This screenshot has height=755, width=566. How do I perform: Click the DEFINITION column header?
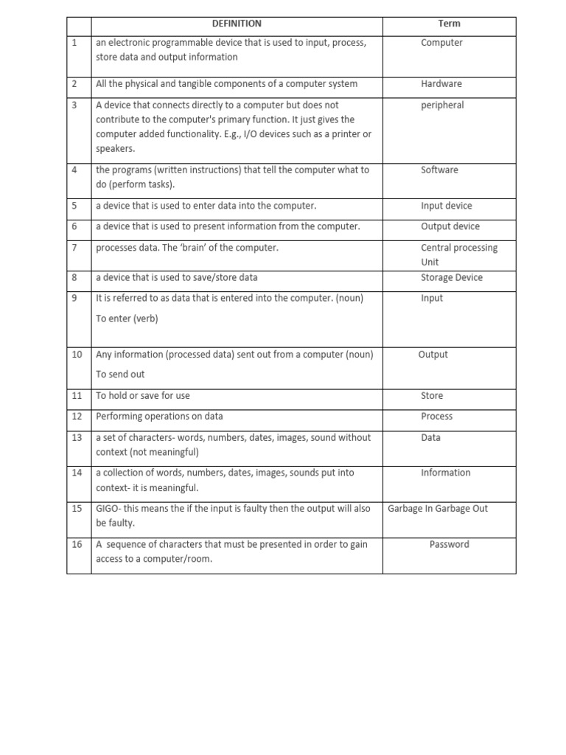(x=237, y=24)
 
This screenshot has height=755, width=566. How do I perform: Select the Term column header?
(x=449, y=24)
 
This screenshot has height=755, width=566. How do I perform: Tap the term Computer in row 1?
(x=441, y=43)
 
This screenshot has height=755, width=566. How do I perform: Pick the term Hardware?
(x=441, y=84)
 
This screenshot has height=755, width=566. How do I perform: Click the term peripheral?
(x=442, y=105)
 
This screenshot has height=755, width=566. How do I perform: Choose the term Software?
(x=439, y=170)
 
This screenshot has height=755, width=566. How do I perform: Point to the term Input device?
(x=447, y=206)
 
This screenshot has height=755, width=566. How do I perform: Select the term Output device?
(x=450, y=227)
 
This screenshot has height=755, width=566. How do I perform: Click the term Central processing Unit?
(x=458, y=254)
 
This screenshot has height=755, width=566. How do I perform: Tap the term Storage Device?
(x=452, y=278)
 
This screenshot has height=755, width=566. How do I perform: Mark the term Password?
(x=449, y=545)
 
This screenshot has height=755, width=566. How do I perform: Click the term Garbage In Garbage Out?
(x=438, y=509)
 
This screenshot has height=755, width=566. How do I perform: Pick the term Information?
(x=445, y=473)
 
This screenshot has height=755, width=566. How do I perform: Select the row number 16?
(x=77, y=545)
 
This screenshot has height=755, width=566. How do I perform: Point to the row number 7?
(x=74, y=248)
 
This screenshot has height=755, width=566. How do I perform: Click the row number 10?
(x=77, y=355)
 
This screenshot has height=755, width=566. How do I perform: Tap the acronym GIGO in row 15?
(x=108, y=509)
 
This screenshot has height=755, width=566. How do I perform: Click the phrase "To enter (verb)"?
(x=127, y=319)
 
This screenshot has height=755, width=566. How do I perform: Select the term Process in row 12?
(x=436, y=417)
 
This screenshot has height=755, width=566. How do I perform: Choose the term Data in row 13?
(x=430, y=438)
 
